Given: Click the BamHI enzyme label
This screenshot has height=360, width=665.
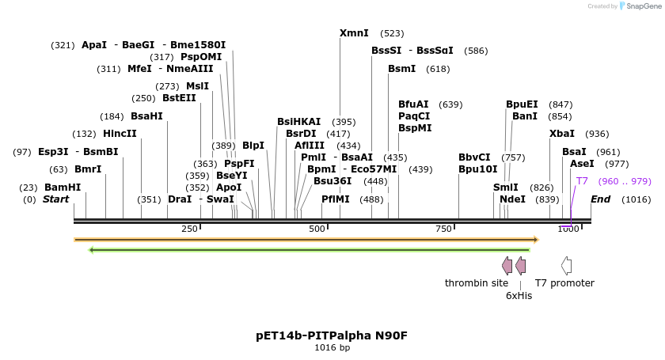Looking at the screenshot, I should pos(62,188).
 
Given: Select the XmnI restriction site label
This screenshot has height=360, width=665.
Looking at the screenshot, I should pos(354,33).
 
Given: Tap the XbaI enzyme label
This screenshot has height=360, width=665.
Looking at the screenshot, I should pos(562,134).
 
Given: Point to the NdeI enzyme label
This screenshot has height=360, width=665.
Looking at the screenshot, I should pos(512,199).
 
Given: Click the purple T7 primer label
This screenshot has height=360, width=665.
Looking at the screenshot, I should pos(582,181).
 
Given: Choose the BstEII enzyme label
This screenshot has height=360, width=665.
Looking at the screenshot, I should pos(179,98).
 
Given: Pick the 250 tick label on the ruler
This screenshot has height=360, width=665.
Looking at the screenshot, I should pos(189,229).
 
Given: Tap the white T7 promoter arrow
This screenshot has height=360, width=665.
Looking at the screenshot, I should pos(566,266).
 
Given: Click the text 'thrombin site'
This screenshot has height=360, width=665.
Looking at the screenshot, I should pos(477,283).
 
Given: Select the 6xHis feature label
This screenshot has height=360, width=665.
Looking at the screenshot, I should pos(519,295).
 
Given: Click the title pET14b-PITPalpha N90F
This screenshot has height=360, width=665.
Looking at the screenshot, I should pos(332,335).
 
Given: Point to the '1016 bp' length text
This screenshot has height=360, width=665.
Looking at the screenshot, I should pos(332,347).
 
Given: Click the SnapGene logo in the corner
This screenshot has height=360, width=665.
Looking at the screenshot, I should pos(637,6).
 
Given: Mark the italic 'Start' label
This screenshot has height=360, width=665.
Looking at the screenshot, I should pos(55,199).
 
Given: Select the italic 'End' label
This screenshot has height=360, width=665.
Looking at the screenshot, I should pos(600,199).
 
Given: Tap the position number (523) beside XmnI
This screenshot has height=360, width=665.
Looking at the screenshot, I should pos(392,33).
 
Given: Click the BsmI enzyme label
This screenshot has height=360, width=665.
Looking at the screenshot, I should pos(401,69).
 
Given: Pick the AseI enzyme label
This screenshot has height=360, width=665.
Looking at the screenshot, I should pos(582,164).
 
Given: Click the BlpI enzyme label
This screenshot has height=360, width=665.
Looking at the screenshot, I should pos(253,146).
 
